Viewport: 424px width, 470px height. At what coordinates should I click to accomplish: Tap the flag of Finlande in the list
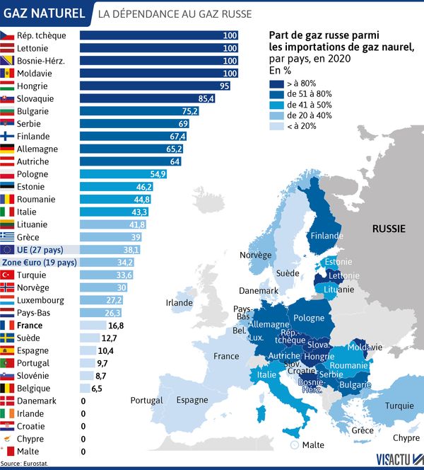coord(8,136)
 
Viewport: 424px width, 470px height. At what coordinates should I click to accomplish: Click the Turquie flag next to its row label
coord(8,275)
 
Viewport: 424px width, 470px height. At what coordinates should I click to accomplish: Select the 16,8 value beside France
coord(115,325)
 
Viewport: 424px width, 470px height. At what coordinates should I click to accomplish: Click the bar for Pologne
coord(123,174)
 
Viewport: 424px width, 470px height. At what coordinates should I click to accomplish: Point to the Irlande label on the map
coord(179,303)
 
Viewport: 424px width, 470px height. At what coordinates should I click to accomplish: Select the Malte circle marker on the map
coord(294,445)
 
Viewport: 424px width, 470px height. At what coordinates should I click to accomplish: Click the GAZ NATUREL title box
coord(44,13)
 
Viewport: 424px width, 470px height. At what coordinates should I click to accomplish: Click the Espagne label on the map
coord(192,400)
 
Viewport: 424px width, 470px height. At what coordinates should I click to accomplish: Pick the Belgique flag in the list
coord(8,388)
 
